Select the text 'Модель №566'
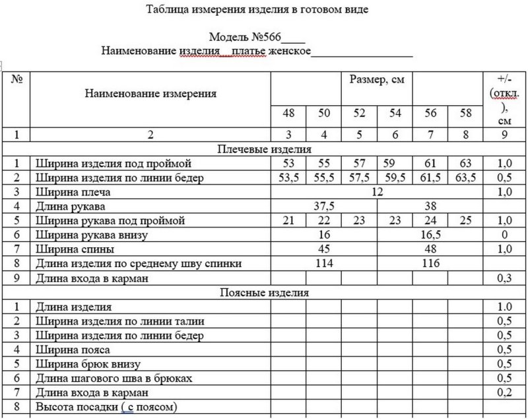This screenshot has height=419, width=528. [246, 37]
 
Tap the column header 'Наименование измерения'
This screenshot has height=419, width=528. [150, 94]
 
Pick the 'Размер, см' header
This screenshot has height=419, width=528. [377, 80]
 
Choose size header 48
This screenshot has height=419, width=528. [288, 113]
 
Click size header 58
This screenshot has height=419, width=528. [466, 113]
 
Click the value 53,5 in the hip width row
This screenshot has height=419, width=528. [288, 177]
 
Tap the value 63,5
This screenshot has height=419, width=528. [466, 177]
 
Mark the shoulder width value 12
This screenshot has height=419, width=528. [377, 192]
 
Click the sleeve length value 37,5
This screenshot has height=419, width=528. [323, 206]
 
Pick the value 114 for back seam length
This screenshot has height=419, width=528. [323, 264]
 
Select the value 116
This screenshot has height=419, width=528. [430, 264]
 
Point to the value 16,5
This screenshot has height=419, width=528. [430, 235]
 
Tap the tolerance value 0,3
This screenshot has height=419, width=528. [504, 278]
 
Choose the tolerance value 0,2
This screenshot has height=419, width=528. [504, 393]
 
